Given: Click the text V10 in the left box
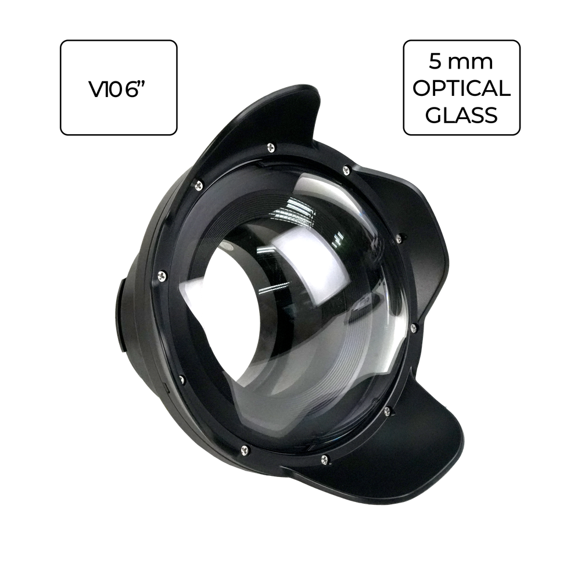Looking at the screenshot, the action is click(105, 89).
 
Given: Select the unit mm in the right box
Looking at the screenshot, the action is click(471, 63).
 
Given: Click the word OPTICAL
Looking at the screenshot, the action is click(462, 88).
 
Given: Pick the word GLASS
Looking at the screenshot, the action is click(461, 115).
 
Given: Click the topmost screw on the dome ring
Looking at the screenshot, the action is click(271, 148).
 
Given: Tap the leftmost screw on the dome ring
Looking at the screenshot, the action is click(162, 275).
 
